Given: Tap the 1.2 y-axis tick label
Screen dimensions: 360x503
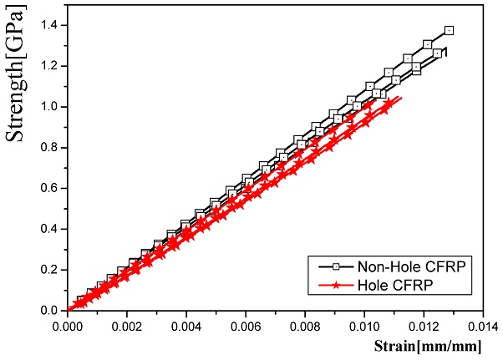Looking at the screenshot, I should point(48,66).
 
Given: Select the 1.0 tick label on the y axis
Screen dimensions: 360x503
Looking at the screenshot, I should point(48,107).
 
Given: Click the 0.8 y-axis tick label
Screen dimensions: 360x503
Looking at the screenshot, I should point(48,147).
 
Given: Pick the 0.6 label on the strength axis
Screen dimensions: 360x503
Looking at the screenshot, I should point(48,188).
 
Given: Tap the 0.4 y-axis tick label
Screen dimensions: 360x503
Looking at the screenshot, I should point(48,229).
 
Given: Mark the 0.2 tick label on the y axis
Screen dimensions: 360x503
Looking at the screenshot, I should point(48,270).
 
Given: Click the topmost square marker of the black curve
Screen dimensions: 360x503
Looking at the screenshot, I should point(449,30).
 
